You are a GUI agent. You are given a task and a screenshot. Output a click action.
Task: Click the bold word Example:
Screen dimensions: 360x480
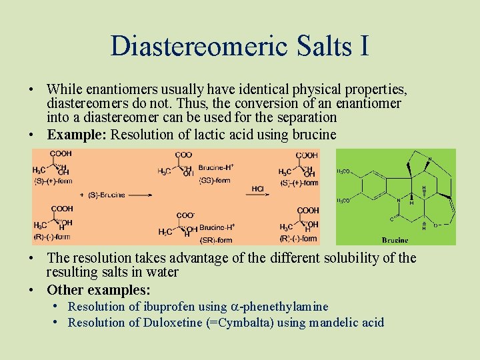[76, 134]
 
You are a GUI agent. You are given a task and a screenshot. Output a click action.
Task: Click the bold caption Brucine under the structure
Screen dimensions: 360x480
[395, 240]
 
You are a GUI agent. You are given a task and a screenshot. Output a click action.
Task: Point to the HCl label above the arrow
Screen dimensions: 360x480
[258, 189]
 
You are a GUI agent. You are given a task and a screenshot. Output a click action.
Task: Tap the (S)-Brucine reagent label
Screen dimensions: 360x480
[103, 195]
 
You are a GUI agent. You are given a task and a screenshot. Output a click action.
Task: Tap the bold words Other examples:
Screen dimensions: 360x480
[99, 290]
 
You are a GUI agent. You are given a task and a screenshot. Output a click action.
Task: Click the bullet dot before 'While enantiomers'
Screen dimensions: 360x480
[33, 89]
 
